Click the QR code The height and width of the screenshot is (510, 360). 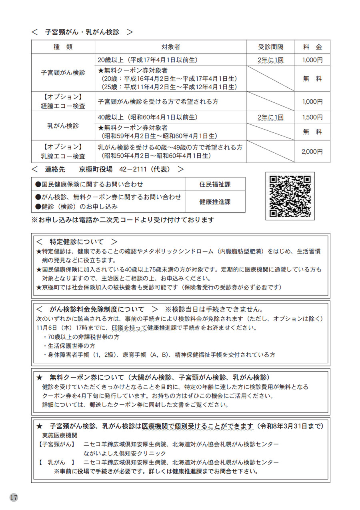[x=290, y=196]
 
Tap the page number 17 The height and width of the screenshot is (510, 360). [x=14, y=497]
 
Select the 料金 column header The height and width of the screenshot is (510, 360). [x=312, y=47]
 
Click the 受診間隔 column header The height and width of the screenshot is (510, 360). [x=271, y=47]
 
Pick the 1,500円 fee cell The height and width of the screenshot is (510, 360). [x=312, y=117]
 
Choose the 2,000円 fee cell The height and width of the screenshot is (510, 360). [x=312, y=152]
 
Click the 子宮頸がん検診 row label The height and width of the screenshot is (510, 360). [x=63, y=73]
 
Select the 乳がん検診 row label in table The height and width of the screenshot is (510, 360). [x=63, y=126]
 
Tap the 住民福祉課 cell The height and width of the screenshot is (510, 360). [x=215, y=184]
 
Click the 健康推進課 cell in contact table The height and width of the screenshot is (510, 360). [x=215, y=202]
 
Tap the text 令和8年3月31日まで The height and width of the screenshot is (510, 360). [x=292, y=426]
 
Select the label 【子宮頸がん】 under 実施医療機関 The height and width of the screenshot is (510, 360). [x=57, y=444]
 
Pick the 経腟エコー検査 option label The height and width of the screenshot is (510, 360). [x=63, y=106]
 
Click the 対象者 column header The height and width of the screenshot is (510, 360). [x=171, y=47]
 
